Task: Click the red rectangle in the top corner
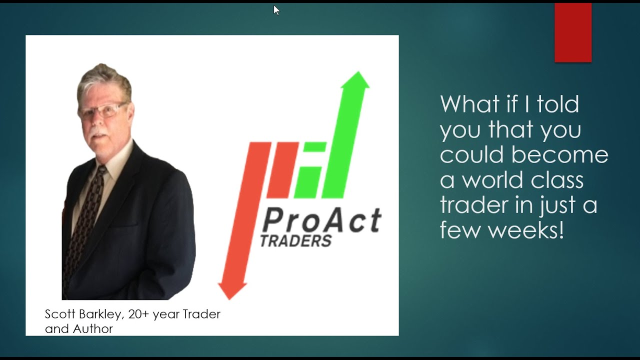click(x=573, y=32)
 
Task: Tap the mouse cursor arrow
click(x=276, y=10)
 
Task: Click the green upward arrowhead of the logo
click(x=355, y=80)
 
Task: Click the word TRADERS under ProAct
click(x=296, y=241)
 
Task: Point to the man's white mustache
click(x=99, y=134)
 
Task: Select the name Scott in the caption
click(x=58, y=314)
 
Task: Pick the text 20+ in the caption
click(x=139, y=314)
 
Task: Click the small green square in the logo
click(x=315, y=146)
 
